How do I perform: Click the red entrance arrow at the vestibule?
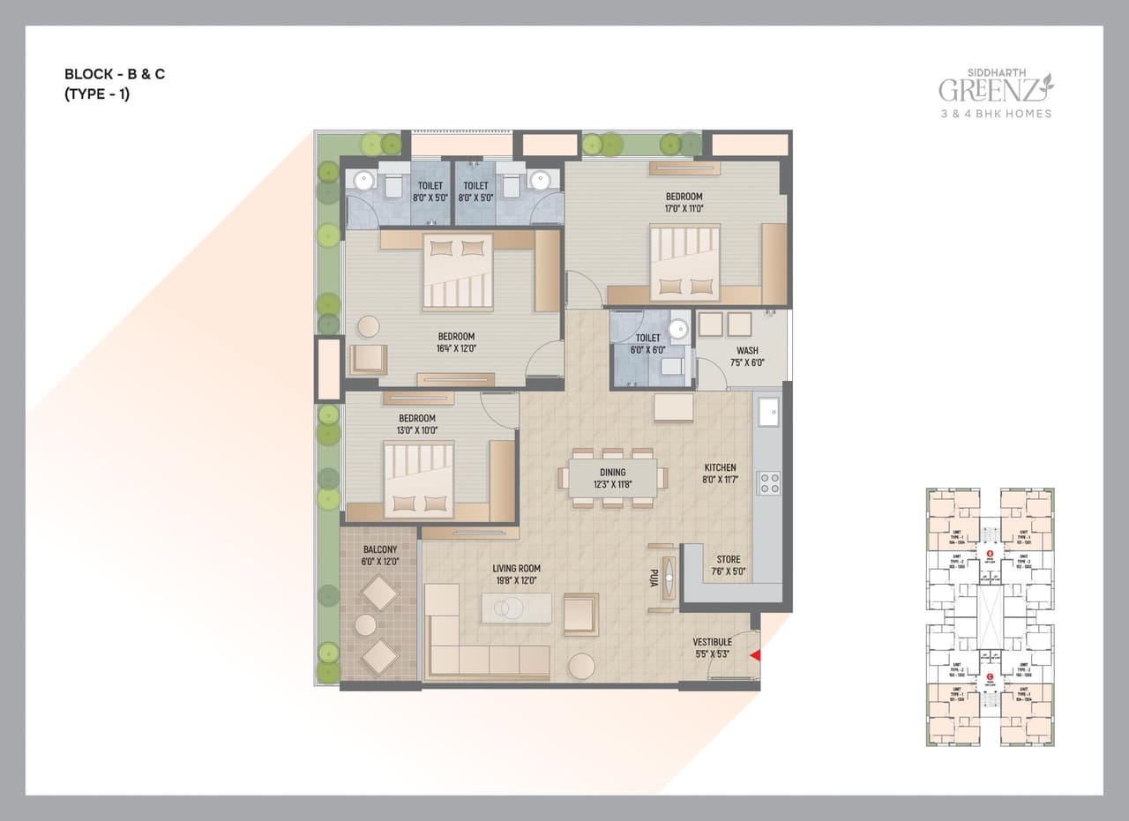[x=754, y=655]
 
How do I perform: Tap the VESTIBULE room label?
[x=712, y=642]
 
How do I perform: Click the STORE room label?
[x=729, y=559]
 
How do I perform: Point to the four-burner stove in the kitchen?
[x=769, y=482]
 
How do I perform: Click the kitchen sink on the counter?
[x=767, y=412]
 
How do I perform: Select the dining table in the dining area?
[x=613, y=478]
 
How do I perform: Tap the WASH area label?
[x=747, y=350]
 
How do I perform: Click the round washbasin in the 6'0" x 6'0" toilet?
[x=677, y=329]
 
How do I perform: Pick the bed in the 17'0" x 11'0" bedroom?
[x=685, y=263]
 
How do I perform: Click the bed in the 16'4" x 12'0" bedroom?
[x=457, y=272]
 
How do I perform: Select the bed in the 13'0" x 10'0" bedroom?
[x=418, y=479]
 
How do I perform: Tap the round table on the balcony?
[x=365, y=625]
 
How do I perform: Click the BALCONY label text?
[x=380, y=549]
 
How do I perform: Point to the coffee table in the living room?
[x=516, y=608]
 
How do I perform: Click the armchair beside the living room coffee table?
[x=580, y=614]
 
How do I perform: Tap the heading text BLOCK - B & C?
[x=115, y=74]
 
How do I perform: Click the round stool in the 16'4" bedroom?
[x=368, y=326]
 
